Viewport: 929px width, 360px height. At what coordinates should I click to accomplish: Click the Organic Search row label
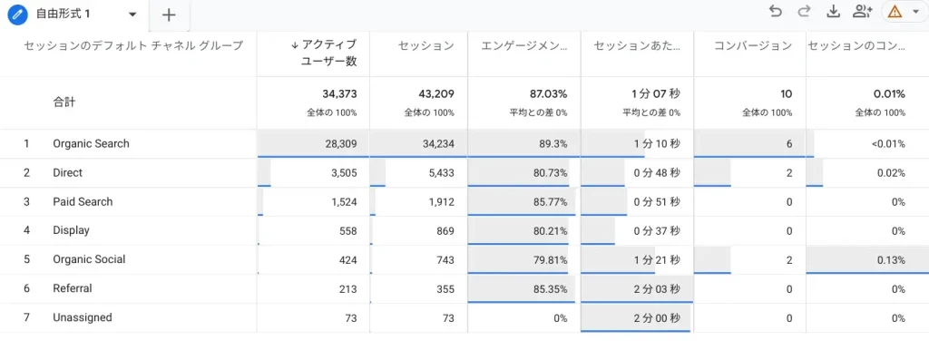tap(91, 143)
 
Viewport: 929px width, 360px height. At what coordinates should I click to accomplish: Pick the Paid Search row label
tap(83, 201)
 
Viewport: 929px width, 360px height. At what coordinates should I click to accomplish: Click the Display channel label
tap(71, 230)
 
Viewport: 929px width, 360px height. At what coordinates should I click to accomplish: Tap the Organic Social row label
tap(89, 259)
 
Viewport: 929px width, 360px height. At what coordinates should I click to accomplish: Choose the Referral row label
tap(73, 288)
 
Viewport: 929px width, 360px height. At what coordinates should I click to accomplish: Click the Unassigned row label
tap(83, 317)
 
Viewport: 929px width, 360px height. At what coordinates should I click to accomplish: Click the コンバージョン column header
tap(752, 45)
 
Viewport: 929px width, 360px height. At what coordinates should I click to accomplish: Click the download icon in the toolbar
tap(833, 11)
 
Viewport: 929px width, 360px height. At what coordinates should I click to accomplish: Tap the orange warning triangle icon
tap(895, 12)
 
